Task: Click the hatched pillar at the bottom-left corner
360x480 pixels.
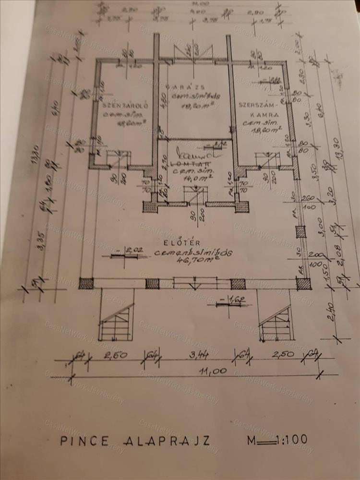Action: (x=86, y=283)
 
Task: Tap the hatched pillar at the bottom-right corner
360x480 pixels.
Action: (x=303, y=283)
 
